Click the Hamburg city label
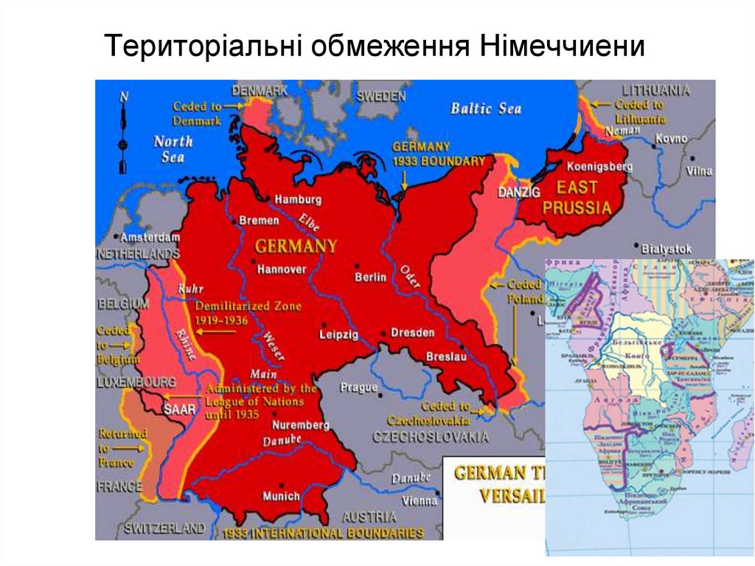pos(298,199)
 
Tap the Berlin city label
pos(370,277)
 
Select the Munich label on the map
pos(282,496)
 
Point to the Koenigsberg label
pos(599,167)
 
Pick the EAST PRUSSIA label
pos(577,198)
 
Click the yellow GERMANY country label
pos(296,246)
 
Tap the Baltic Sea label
pos(486,109)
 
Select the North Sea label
pos(173,149)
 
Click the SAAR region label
pos(179,407)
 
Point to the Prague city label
pos(359,387)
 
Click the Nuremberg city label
pos(300,425)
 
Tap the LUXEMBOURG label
pos(136,382)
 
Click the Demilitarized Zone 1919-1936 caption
pos(221,314)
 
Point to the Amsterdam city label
pos(150,238)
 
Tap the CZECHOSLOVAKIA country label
pos(431,436)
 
